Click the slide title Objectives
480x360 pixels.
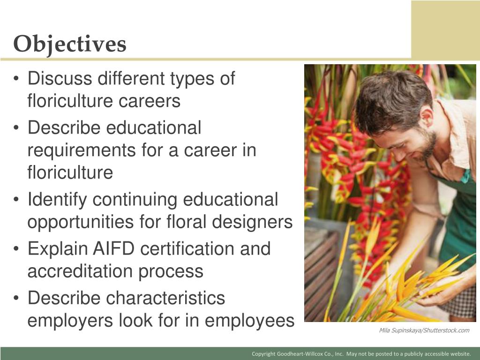click(70, 45)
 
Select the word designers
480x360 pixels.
click(254, 222)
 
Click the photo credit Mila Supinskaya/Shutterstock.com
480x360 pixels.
click(424, 330)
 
